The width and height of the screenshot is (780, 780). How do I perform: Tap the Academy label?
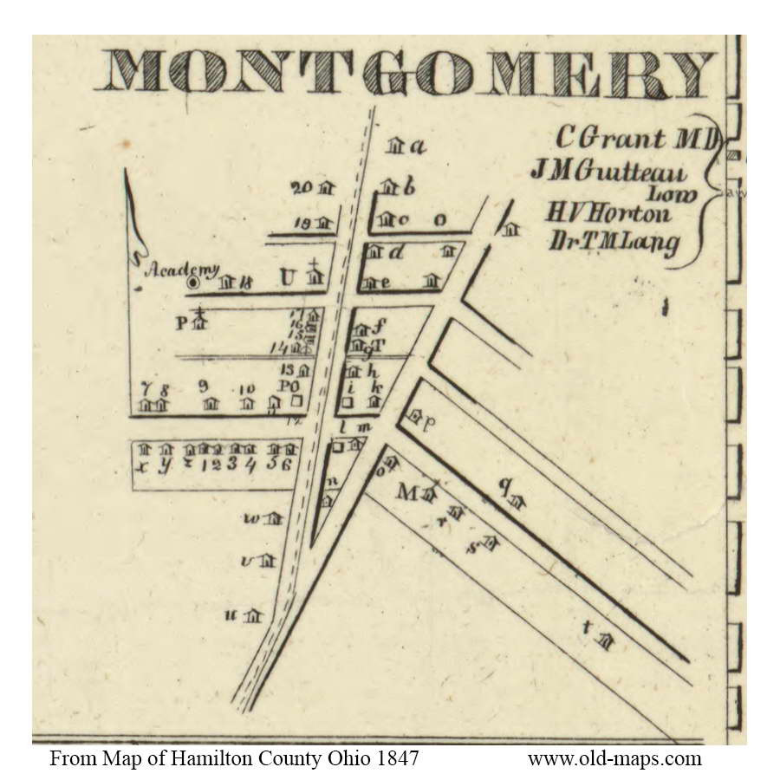point(182,270)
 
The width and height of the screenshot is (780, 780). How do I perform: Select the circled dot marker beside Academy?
point(194,282)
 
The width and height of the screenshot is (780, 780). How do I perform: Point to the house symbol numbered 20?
point(326,187)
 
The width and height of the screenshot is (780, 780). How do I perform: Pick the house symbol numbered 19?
point(325,224)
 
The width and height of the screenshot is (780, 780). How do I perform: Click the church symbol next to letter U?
point(315,277)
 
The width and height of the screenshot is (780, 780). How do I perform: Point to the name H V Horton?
point(608,212)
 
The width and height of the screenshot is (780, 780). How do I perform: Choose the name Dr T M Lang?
point(614,243)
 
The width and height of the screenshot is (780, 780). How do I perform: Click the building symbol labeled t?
point(608,641)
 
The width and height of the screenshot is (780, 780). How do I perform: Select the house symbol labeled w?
point(275,518)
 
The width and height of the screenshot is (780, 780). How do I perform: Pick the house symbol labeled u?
point(252,616)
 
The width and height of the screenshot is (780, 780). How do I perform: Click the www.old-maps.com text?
point(614,759)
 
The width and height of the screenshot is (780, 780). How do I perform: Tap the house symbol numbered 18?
point(228,282)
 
